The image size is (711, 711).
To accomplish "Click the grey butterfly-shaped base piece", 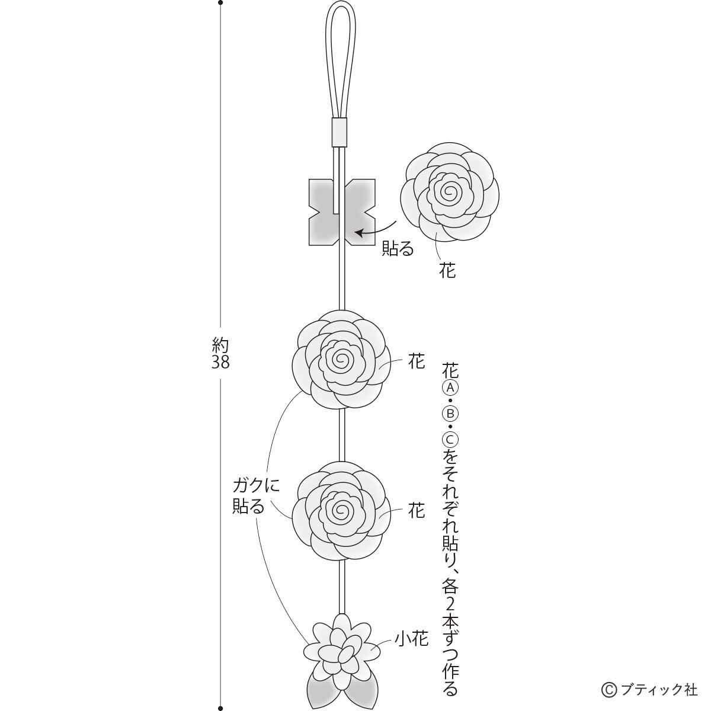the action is pos(342,212).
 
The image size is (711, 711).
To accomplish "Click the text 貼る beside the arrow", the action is pos(398,248).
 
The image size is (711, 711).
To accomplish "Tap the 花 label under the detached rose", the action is pos(447,270).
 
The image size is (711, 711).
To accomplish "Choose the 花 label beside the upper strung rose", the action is pos(417,360).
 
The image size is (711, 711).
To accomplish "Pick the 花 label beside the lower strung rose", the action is pos(417,511).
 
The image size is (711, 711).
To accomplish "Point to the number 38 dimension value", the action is pos(220,363).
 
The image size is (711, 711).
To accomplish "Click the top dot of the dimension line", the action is pos(220,3).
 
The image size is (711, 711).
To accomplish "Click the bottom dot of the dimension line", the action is pos(220,707).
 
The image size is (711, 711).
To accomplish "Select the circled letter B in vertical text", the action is pos(450,414).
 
